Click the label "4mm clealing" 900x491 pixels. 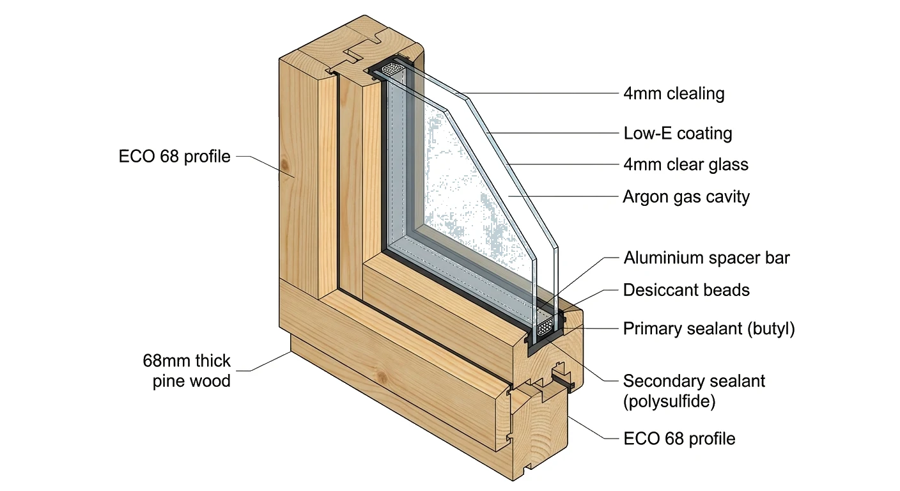coord(674,94)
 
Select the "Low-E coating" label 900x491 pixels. coord(678,134)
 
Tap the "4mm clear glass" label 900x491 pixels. coord(685,164)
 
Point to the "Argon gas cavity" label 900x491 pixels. coord(686,196)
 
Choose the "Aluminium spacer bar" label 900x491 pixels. coord(706,258)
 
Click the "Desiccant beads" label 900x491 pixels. coord(686,290)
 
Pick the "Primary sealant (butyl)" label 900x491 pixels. coord(709,329)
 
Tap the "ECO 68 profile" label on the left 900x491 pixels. coord(175,156)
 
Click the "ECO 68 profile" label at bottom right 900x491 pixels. coord(679,439)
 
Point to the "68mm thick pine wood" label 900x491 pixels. coord(187,371)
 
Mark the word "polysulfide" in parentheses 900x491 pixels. coord(669,402)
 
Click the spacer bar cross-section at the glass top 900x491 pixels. coord(391,68)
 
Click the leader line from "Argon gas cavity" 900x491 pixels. coord(562,196)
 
